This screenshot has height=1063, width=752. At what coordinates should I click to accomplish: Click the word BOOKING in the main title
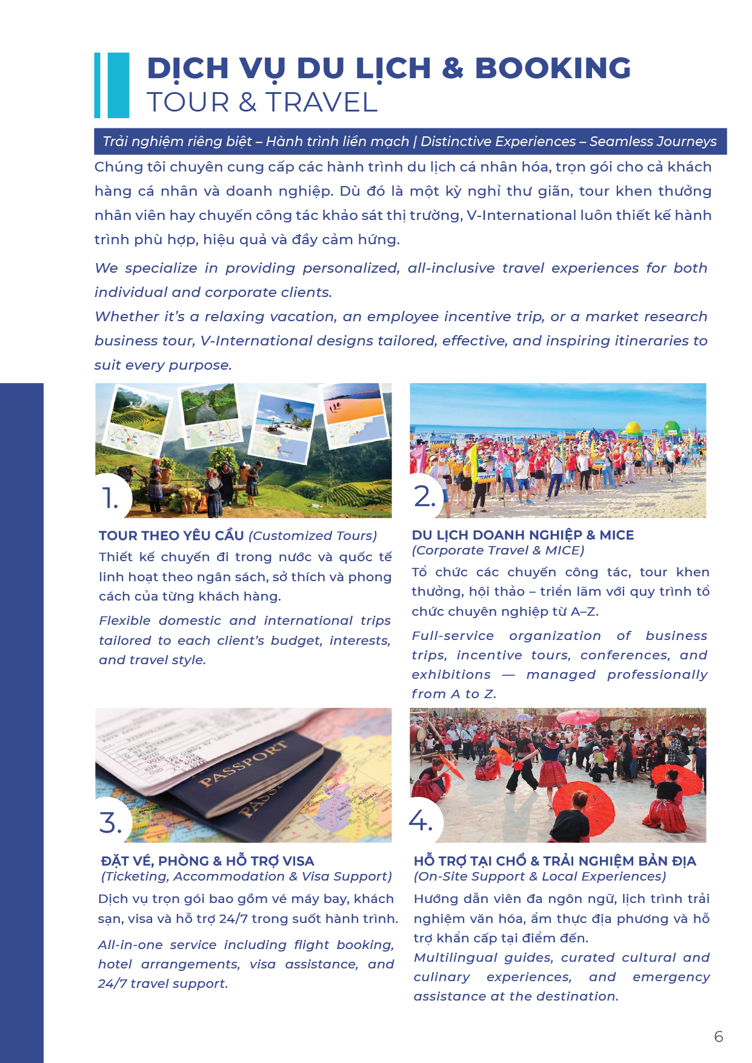(x=553, y=68)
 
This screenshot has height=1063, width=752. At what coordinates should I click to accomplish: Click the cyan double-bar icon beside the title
(x=112, y=85)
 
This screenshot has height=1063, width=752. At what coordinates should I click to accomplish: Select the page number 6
(x=719, y=1037)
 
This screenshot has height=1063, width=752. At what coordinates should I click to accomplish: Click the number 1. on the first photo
(x=110, y=498)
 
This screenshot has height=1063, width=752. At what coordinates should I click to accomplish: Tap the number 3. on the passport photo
(x=110, y=823)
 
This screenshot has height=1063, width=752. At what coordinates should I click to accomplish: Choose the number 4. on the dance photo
(x=421, y=821)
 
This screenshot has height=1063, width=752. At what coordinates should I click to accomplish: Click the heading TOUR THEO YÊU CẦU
(x=171, y=536)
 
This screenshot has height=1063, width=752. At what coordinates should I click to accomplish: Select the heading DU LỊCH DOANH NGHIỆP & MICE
(x=523, y=535)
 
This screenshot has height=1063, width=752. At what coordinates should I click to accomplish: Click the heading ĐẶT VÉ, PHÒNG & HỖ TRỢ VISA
(x=207, y=861)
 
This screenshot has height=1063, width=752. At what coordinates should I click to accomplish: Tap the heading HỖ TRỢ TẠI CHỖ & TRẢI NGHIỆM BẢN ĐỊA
(x=555, y=861)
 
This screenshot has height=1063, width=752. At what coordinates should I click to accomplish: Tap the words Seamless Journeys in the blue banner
(x=653, y=142)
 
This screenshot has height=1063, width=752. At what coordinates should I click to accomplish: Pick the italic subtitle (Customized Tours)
(x=313, y=536)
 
